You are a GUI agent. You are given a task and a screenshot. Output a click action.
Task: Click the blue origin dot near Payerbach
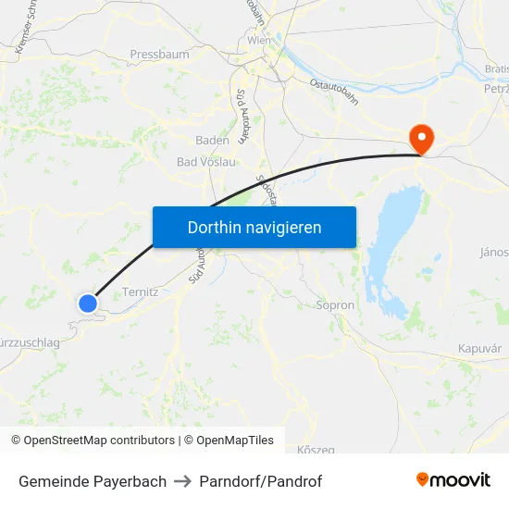[x=88, y=303]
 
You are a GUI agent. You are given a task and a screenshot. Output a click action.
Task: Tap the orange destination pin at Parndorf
[x=421, y=139]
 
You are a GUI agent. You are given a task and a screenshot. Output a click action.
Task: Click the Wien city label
[x=258, y=41]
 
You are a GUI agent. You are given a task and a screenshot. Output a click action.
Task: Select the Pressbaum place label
[x=159, y=55]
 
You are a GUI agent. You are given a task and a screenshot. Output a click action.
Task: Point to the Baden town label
[x=212, y=140]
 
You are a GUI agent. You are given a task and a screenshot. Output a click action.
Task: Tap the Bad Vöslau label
[x=205, y=161]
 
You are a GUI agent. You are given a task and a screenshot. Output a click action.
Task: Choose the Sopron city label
[x=335, y=304]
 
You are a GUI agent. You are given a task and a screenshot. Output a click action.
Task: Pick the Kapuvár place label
[x=479, y=348]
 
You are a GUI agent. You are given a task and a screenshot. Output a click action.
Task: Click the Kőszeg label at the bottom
[x=317, y=450]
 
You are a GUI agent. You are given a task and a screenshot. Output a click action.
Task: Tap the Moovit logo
[x=453, y=479]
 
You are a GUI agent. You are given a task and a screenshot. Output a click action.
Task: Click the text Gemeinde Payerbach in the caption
[x=93, y=481]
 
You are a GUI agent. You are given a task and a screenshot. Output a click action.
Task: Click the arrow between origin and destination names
[x=180, y=481]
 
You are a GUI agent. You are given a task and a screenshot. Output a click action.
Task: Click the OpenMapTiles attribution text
[x=232, y=441]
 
